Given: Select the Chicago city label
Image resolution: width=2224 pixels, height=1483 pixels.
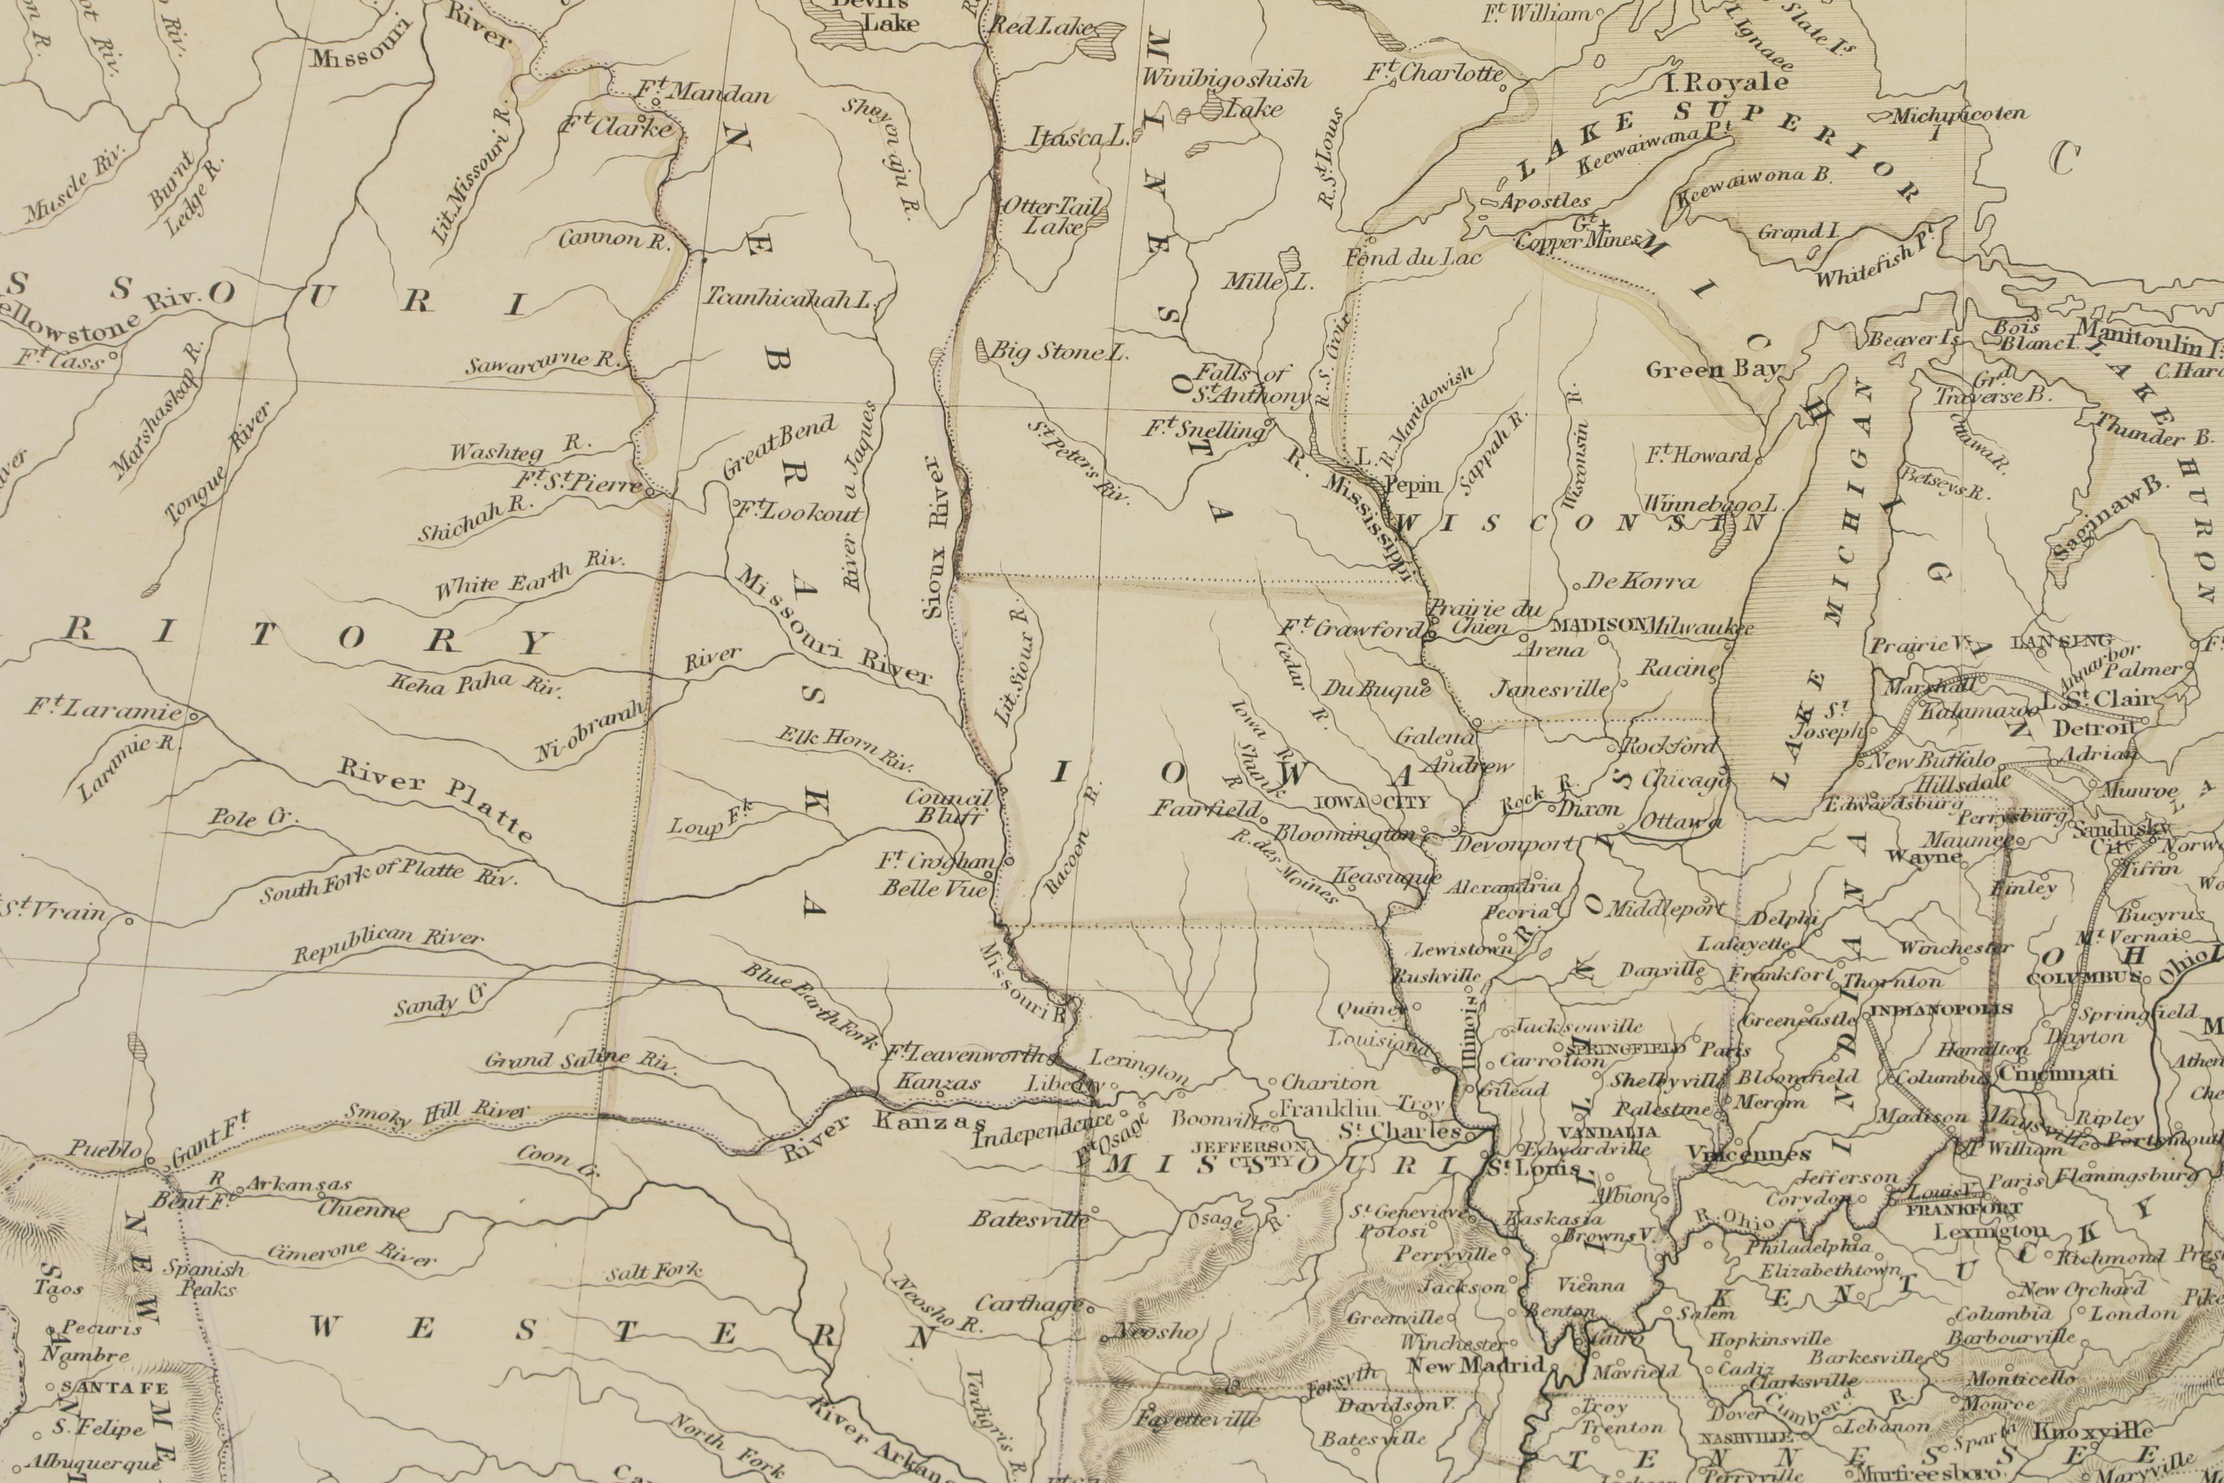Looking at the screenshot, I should coord(1685,781).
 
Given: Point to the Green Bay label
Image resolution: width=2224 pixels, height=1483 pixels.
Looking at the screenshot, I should coord(1713,370).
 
